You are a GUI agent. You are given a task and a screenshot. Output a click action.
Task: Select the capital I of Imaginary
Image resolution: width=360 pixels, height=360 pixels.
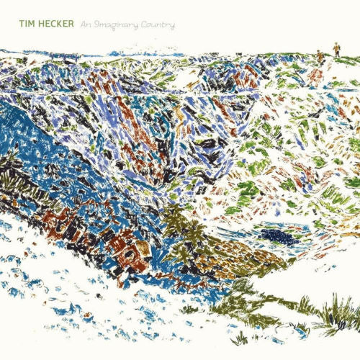[x=102, y=24]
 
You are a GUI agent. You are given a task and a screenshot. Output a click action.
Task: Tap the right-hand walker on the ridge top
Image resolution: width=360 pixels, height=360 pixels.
[x=336, y=50]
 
